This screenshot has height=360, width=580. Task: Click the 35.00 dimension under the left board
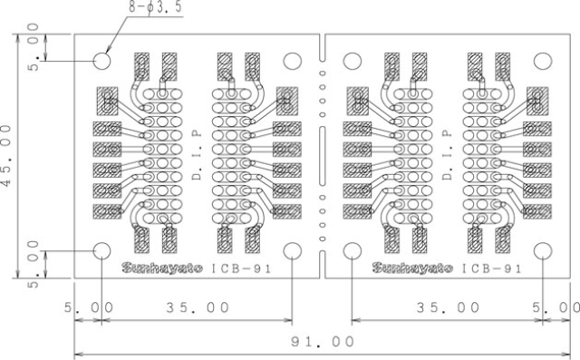tap(197, 307)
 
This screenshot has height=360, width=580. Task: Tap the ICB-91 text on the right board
tap(491, 268)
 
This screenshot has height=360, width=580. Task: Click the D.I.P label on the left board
tap(197, 155)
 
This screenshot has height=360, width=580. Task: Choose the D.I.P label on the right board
tap(448, 155)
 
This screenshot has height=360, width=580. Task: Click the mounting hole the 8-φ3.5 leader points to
tap(102, 61)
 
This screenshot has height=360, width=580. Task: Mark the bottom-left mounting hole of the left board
tap(102, 251)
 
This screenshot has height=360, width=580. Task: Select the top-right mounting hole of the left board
tap(292, 61)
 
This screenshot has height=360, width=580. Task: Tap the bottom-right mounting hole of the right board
tap(542, 251)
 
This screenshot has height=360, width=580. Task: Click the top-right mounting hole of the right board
tap(542, 61)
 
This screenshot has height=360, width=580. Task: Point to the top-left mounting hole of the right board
tap(353, 61)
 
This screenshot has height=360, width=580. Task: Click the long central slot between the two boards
tap(322, 156)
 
